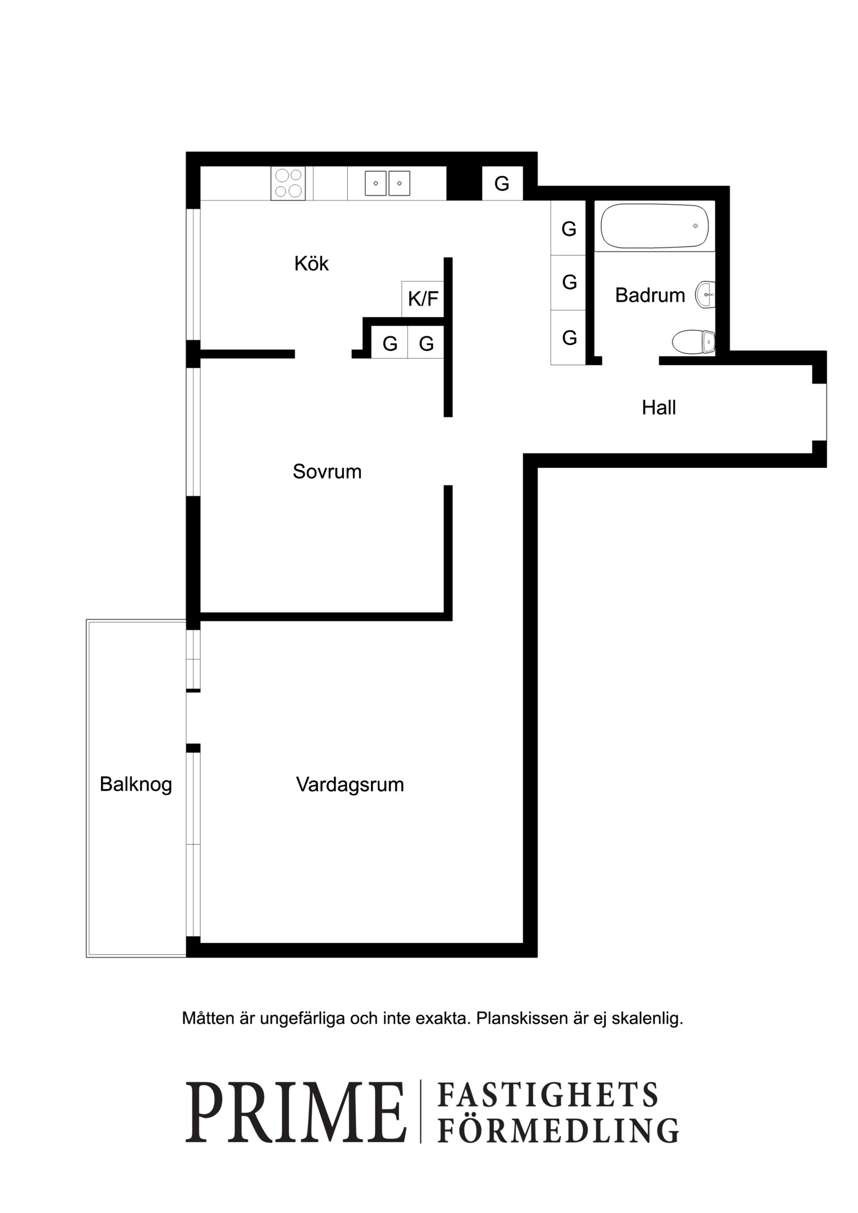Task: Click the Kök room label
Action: pos(311,263)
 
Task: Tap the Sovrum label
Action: pos(327,471)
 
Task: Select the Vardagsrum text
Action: pos(350,785)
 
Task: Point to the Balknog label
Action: pos(136,784)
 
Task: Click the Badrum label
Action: pos(650,295)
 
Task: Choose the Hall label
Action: pos(659,407)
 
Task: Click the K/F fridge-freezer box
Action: pos(423,299)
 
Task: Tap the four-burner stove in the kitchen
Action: pos(288,183)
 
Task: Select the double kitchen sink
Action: pos(387,183)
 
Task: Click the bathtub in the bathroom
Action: pos(655,226)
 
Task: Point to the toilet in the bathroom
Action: pos(694,341)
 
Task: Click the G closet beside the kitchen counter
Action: pos(502,183)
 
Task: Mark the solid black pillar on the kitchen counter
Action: pos(464,183)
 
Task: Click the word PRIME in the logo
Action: pos(296,1111)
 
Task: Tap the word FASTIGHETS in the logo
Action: pos(548,1094)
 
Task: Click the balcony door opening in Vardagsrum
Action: pos(193,718)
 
